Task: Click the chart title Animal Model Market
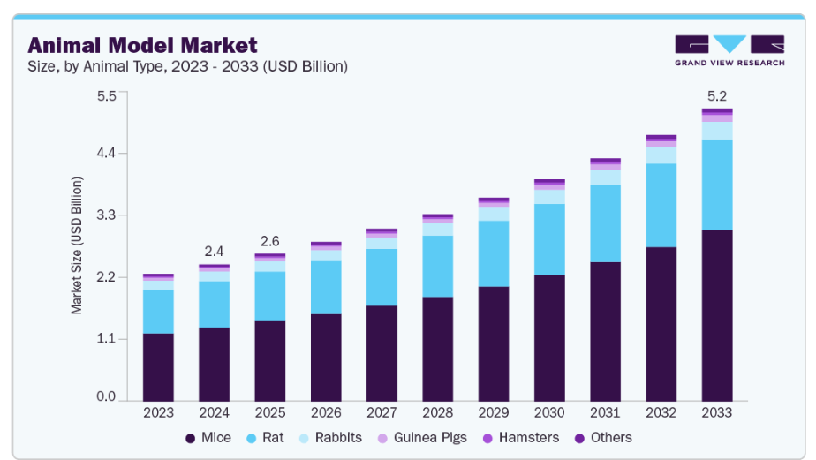click(x=142, y=45)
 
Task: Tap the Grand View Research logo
click(x=729, y=50)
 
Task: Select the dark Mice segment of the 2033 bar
click(x=717, y=314)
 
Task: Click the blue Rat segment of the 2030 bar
click(x=549, y=239)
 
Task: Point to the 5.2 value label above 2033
click(x=717, y=95)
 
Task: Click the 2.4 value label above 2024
click(x=214, y=251)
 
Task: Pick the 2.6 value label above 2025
click(x=269, y=241)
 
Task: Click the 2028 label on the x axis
click(x=437, y=411)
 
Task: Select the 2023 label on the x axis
click(x=158, y=411)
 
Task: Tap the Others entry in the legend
click(x=603, y=437)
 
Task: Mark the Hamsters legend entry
click(x=521, y=437)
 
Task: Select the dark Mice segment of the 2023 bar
click(x=158, y=366)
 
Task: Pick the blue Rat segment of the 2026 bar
click(x=326, y=287)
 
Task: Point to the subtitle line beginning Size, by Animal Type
click(x=187, y=66)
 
